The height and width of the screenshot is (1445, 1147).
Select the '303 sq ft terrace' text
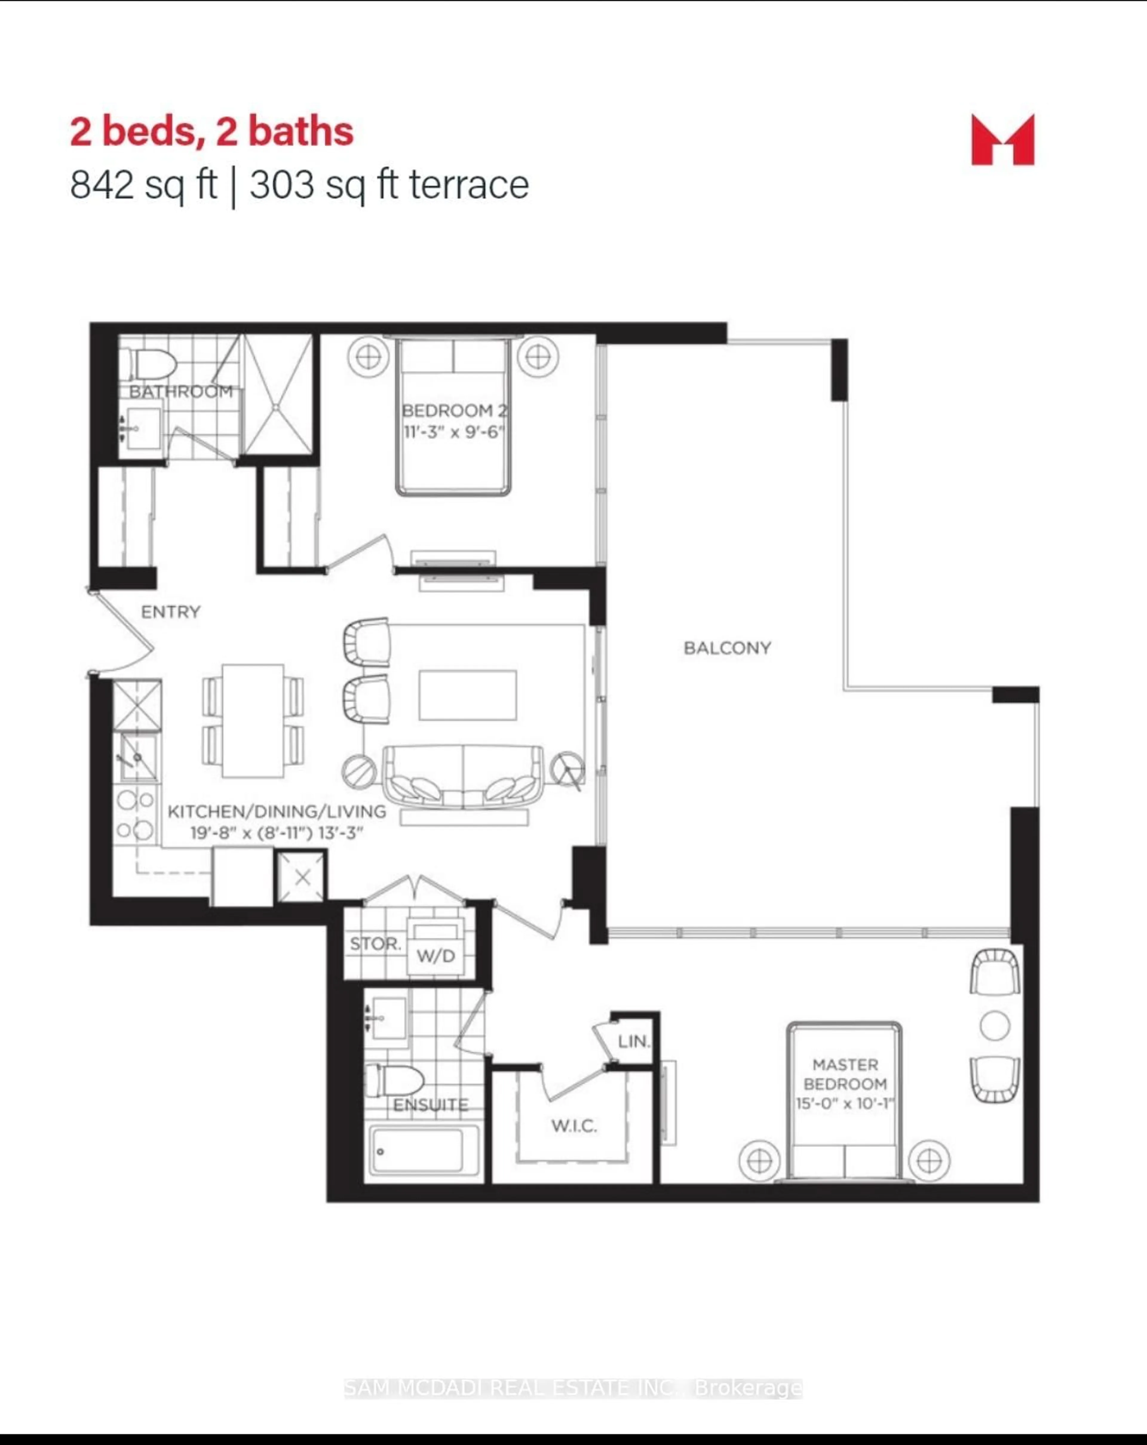coord(389,185)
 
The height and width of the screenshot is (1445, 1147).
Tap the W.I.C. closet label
coord(574,1126)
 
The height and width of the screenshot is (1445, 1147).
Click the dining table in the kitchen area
coord(253,720)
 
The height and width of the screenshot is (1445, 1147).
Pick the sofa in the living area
coord(463,777)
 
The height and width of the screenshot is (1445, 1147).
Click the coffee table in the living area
coord(467,695)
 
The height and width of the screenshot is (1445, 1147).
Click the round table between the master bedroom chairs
coord(995,1026)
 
